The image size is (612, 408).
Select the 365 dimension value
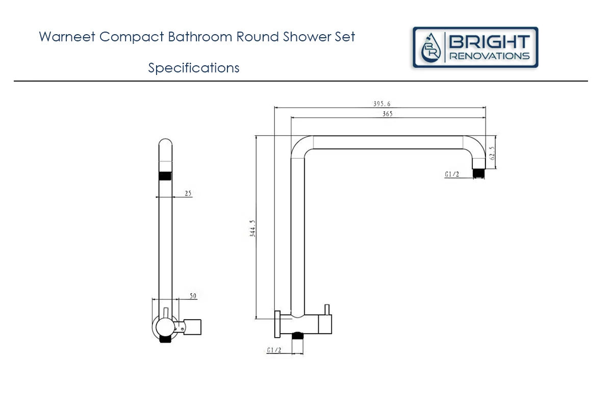point(387,114)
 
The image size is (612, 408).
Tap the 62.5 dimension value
point(492,153)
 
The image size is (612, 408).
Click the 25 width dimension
point(188,193)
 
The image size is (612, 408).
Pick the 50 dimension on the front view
point(193,296)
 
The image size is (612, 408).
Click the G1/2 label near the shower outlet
point(452,174)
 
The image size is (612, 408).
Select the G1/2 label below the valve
point(274,350)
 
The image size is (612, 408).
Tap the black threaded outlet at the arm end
point(478,173)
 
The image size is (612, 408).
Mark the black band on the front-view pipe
point(165,176)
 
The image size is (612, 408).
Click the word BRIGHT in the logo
point(489,42)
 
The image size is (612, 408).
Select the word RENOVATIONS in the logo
point(489,56)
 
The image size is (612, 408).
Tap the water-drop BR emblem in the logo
point(431,48)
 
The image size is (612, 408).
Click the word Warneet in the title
point(67,37)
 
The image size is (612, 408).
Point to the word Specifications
point(194,68)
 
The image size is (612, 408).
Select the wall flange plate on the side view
point(277,323)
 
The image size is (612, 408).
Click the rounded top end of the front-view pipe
point(165,144)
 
